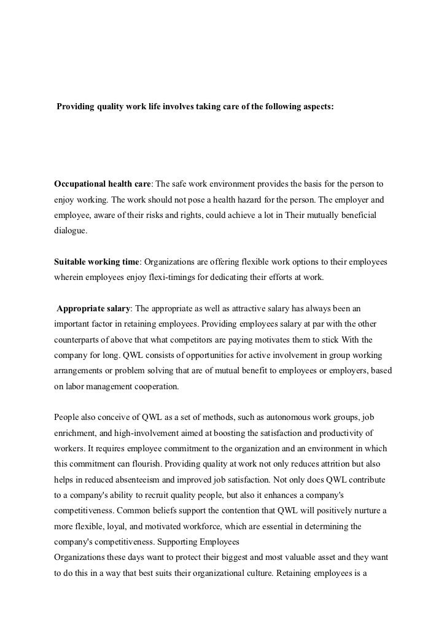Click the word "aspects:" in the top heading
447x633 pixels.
[314, 107]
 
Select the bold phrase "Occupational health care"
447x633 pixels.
[103, 184]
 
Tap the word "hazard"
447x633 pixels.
[270, 200]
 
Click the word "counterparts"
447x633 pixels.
[80, 340]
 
